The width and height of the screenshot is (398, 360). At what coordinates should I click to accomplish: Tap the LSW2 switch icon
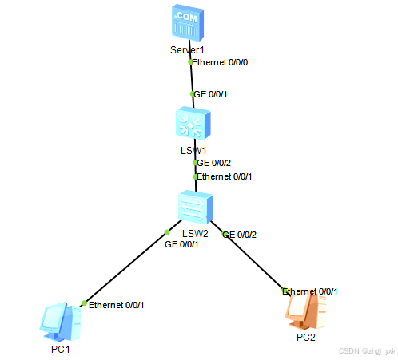point(194,207)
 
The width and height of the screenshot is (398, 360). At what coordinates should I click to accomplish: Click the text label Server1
point(188,50)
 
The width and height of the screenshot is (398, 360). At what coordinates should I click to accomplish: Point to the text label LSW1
point(193,150)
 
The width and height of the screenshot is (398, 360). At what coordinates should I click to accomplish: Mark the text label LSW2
point(195,233)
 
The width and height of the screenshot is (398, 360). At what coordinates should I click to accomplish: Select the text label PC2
point(306,338)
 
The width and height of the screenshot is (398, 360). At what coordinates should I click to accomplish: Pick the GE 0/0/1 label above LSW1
point(212,94)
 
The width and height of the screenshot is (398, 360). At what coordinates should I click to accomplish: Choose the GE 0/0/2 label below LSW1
point(214,163)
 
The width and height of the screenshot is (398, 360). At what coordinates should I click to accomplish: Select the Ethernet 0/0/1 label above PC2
point(310,291)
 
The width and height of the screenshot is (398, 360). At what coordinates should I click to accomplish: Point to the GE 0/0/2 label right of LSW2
point(240,235)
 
